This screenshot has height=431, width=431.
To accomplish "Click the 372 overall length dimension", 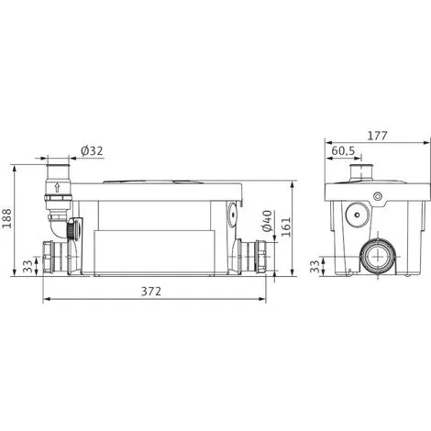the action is pyautogui.click(x=151, y=292).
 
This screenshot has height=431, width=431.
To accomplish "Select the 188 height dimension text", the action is pyautogui.click(x=6, y=218).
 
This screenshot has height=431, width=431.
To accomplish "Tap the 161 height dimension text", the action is pyautogui.click(x=286, y=227).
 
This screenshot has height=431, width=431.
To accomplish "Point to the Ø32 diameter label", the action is pyautogui.click(x=92, y=150).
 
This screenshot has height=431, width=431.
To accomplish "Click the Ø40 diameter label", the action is pyautogui.click(x=267, y=221).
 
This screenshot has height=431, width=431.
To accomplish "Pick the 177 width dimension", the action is pyautogui.click(x=377, y=136).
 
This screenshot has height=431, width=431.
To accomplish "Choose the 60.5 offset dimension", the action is pyautogui.click(x=343, y=150).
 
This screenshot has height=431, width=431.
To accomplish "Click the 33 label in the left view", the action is pyautogui.click(x=28, y=266).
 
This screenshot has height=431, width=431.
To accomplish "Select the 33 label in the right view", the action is pyautogui.click(x=315, y=266).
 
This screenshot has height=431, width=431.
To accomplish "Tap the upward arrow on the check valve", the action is pyautogui.click(x=57, y=187).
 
